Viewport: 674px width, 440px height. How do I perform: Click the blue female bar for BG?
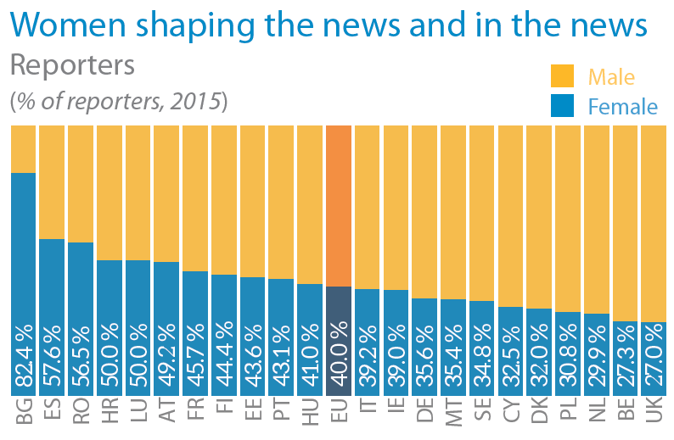pyautogui.click(x=23, y=254)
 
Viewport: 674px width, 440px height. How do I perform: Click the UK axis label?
pyautogui.click(x=654, y=415)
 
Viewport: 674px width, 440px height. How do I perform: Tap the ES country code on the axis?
pyautogui.click(x=53, y=415)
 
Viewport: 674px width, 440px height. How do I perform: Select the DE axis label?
pyautogui.click(x=424, y=415)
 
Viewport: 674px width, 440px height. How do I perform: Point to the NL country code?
pyautogui.click(x=597, y=415)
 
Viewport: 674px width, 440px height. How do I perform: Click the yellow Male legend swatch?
pyautogui.click(x=563, y=76)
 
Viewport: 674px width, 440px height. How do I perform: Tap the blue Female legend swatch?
pyautogui.click(x=563, y=105)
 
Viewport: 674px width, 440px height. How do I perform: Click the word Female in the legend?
pyautogui.click(x=622, y=107)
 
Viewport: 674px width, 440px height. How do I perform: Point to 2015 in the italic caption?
pyautogui.click(x=194, y=101)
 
